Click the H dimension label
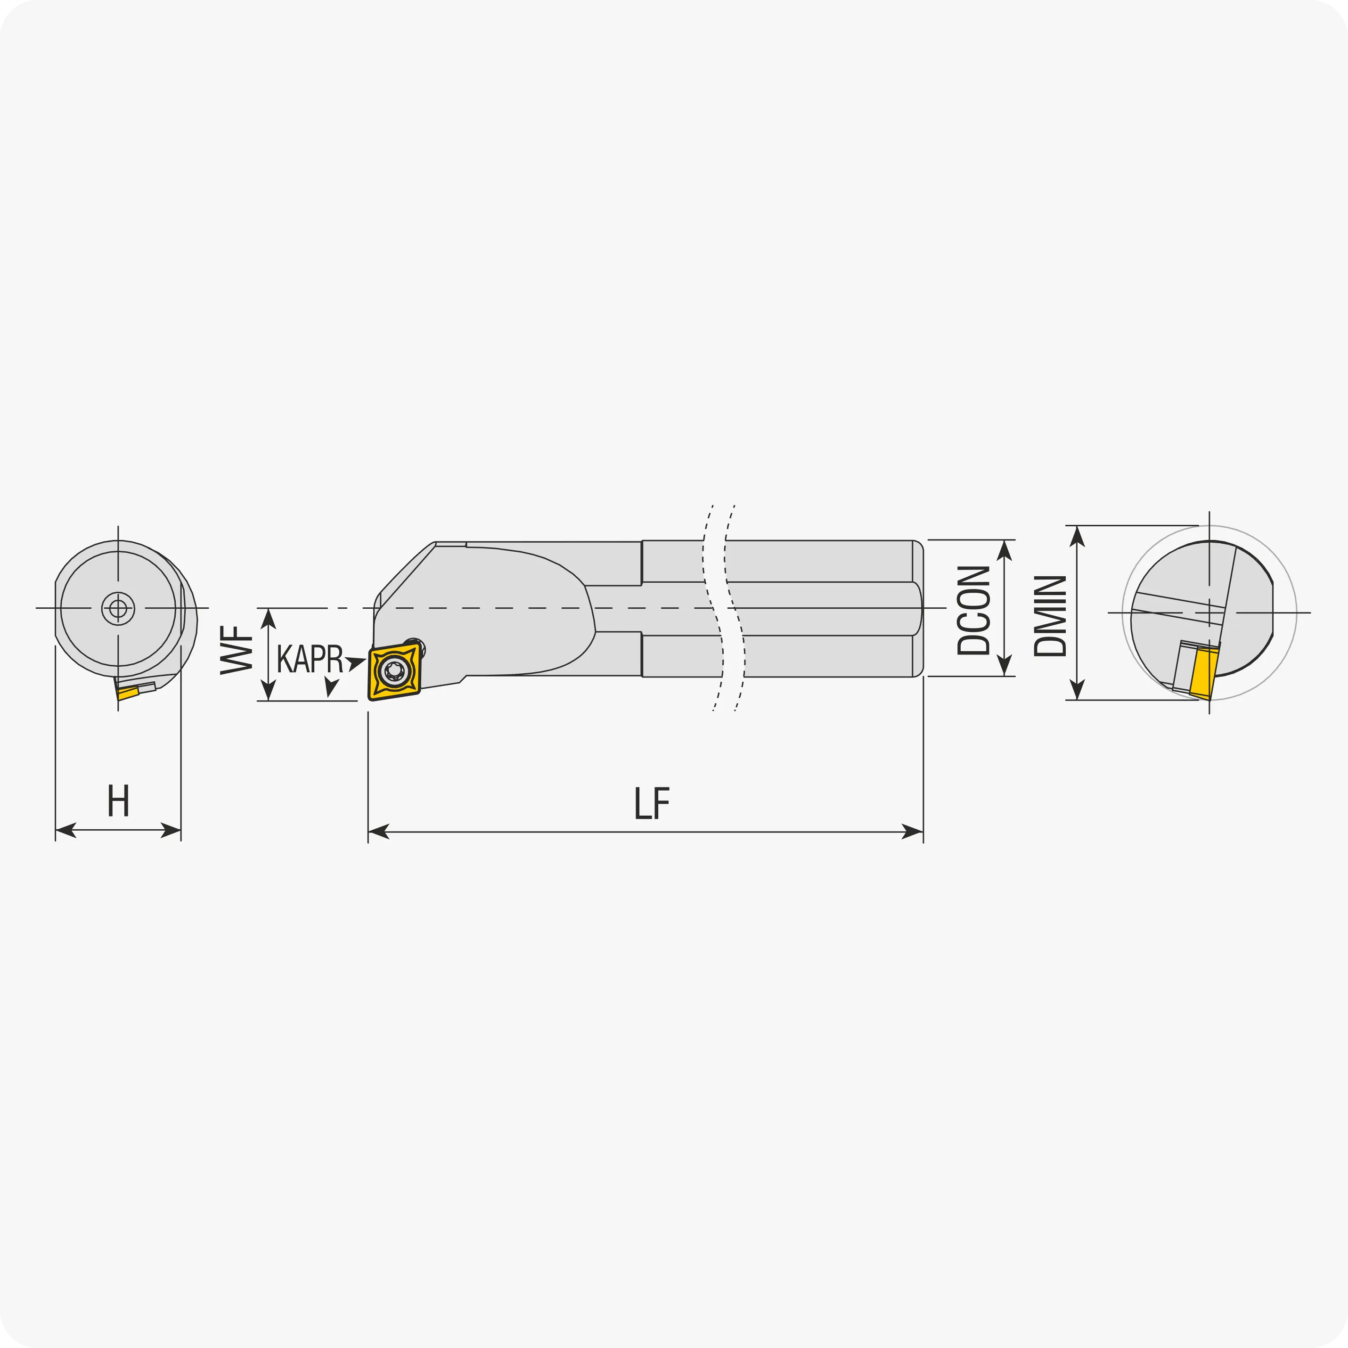119,801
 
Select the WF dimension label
237,650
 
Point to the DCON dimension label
973,611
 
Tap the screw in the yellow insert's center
395,670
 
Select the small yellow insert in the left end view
128,694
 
